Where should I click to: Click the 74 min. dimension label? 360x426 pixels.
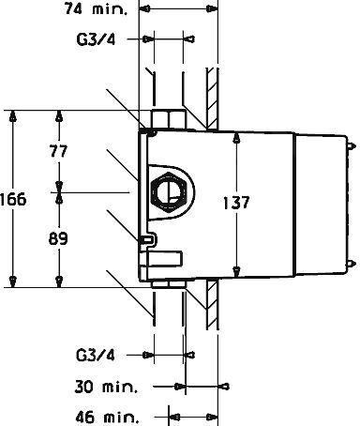(x=96, y=8)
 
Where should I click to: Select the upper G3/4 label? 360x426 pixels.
(x=96, y=39)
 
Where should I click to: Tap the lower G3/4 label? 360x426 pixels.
(x=96, y=356)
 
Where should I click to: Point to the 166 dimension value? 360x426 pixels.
(x=13, y=199)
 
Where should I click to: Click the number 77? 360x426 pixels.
(x=58, y=151)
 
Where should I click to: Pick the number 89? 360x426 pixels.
(x=58, y=239)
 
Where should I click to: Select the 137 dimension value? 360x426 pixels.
(x=236, y=203)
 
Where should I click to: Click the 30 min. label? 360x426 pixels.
(x=106, y=387)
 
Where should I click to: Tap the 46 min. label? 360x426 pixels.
(x=107, y=418)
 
